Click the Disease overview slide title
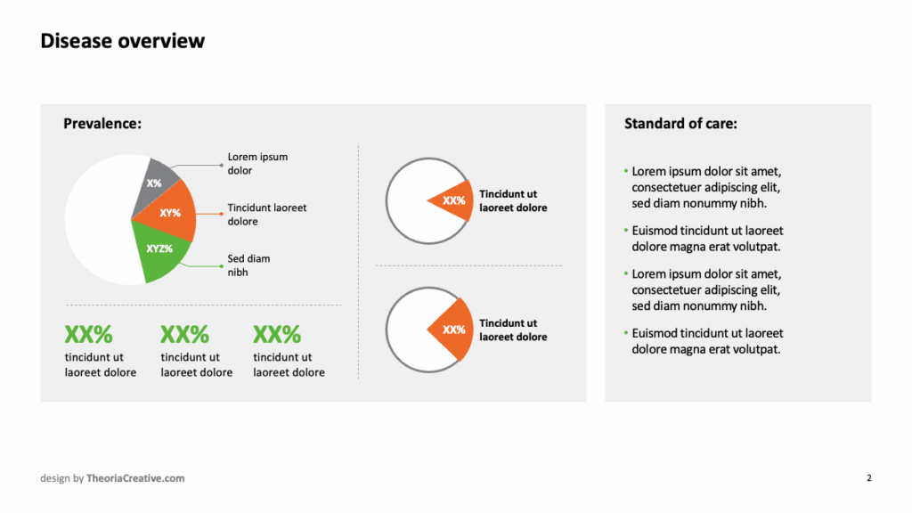pos(123,41)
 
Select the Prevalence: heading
pos(102,123)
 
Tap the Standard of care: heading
pos(680,123)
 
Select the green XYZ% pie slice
pos(159,250)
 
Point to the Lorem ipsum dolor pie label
pos(257,164)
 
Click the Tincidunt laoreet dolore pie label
pos(267,215)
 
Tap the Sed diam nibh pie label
pos(248,265)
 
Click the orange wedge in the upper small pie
pos(454,200)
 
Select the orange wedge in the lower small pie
pos(454,330)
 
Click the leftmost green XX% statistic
pos(88,335)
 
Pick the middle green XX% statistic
pos(184,335)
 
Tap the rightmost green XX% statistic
pos(277,335)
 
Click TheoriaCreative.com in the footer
pos(135,478)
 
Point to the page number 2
pos(869,478)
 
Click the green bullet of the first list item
pos(626,171)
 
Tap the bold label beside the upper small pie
pos(513,200)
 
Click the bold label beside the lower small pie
pos(513,330)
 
